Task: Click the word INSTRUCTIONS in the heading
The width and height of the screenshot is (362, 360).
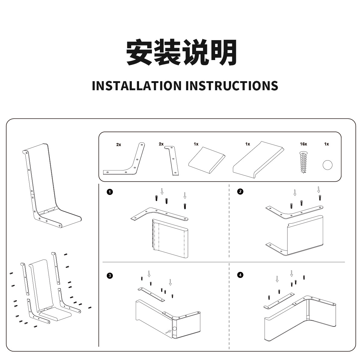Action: pyautogui.click(x=232, y=86)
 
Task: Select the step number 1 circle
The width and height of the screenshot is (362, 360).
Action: pyautogui.click(x=110, y=192)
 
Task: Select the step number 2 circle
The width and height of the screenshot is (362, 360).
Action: pyautogui.click(x=240, y=191)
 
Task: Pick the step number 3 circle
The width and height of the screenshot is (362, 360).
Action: pyautogui.click(x=110, y=275)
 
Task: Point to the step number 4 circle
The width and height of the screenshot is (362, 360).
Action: pyautogui.click(x=240, y=275)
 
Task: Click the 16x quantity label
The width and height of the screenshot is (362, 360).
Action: pyautogui.click(x=303, y=144)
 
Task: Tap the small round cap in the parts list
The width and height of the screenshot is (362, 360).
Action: pyautogui.click(x=327, y=165)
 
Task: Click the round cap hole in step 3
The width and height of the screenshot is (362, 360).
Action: pyautogui.click(x=174, y=329)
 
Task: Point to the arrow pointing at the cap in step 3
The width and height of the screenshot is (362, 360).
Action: pyautogui.click(x=168, y=332)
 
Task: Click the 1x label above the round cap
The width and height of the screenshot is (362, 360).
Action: pyautogui.click(x=326, y=144)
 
